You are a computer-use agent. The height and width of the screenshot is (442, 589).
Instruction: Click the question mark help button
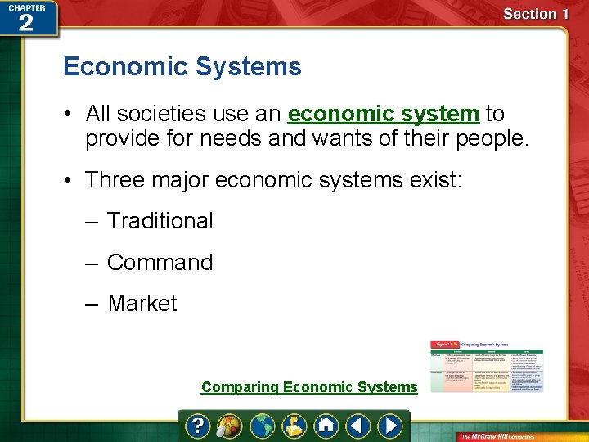[198, 426]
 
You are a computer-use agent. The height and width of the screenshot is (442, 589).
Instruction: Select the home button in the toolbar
[326, 426]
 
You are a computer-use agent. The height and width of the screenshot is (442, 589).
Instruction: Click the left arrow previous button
[357, 426]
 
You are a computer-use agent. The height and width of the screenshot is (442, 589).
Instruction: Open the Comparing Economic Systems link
[309, 387]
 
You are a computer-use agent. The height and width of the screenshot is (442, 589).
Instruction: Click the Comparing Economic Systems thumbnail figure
[487, 366]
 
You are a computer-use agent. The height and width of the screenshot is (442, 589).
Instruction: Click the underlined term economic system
[383, 113]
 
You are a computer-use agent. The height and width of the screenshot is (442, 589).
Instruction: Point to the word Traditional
[160, 221]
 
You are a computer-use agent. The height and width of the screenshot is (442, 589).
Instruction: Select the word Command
[160, 263]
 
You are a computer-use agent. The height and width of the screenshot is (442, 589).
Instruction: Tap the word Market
[142, 304]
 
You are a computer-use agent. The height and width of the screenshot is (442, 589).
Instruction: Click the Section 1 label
[536, 14]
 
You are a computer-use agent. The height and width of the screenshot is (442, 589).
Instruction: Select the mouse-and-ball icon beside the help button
[226, 426]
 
